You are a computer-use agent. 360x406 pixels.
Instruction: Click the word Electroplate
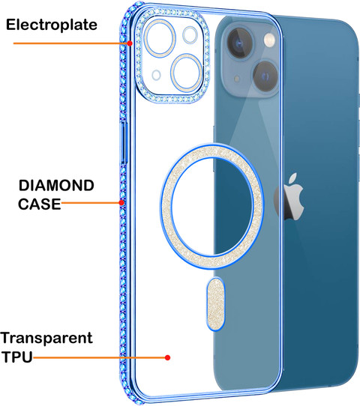click(52, 25)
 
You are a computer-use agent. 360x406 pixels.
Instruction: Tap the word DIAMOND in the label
click(56, 185)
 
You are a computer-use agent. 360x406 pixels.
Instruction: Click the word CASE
click(40, 204)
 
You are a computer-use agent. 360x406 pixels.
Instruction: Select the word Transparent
click(46, 338)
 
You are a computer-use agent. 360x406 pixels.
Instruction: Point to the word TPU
click(17, 357)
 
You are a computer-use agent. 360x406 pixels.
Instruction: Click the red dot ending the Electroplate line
click(130, 43)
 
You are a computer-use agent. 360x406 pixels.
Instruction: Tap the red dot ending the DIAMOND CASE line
click(121, 202)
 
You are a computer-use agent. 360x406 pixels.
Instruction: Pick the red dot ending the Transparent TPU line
click(168, 357)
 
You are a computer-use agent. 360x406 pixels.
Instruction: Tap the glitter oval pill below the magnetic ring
click(216, 304)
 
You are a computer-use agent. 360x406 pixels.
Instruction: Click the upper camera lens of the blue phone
click(239, 43)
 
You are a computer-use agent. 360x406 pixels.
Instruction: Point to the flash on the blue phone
click(269, 40)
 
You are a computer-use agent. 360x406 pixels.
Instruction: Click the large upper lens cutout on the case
click(160, 37)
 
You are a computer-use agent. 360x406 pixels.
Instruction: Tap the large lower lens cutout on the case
click(187, 73)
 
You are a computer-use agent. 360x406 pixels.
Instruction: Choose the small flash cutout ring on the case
click(190, 35)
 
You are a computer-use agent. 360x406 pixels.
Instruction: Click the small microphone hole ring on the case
click(156, 75)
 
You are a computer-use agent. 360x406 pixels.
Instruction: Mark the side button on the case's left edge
click(124, 142)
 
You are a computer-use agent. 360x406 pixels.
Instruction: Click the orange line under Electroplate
click(71, 43)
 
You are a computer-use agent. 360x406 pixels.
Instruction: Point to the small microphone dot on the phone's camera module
click(237, 79)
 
